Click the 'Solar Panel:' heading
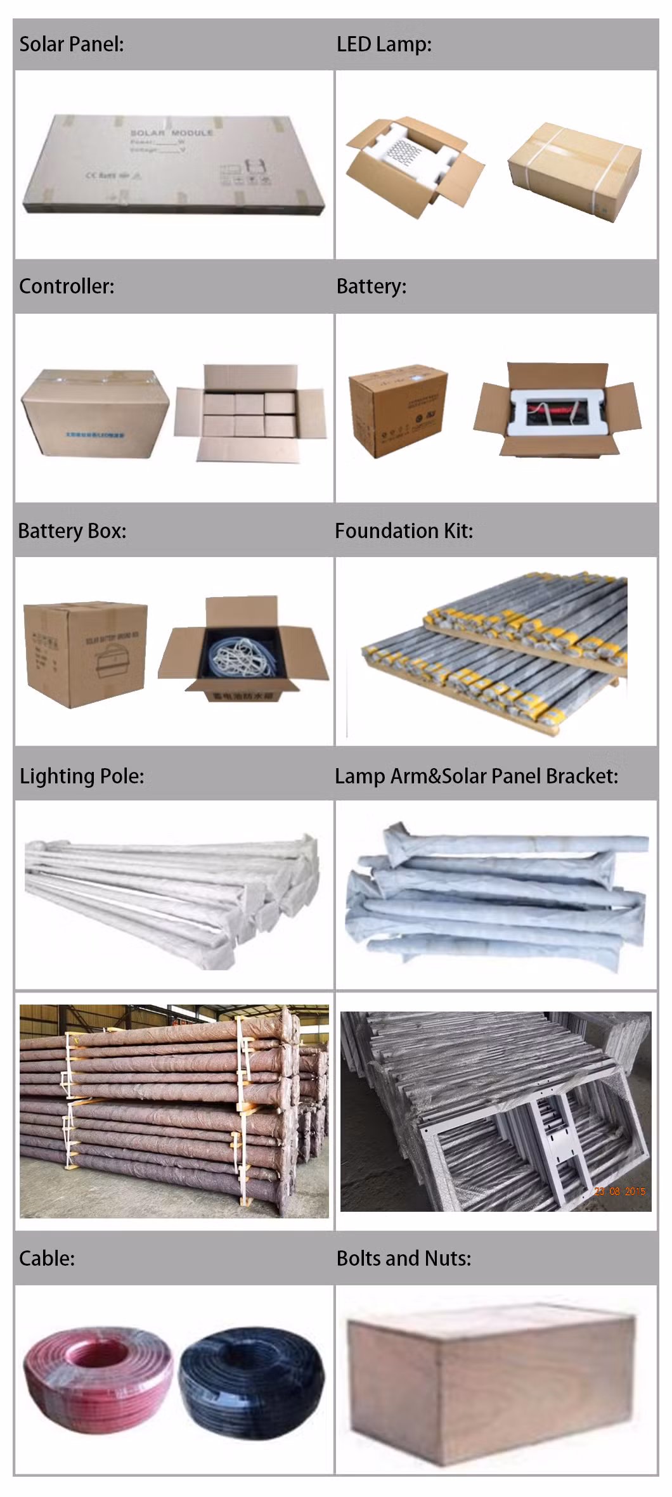(x=72, y=44)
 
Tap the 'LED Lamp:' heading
(x=384, y=44)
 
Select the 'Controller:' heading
(x=67, y=286)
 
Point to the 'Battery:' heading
(x=371, y=286)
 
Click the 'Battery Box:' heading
(x=72, y=531)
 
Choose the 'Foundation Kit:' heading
(x=404, y=531)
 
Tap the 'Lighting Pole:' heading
(x=82, y=776)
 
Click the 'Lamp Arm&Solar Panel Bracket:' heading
(x=476, y=776)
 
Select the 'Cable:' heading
(x=47, y=1258)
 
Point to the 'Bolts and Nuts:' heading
(x=404, y=1258)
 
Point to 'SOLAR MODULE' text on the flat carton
(x=171, y=133)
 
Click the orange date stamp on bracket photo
(x=619, y=1192)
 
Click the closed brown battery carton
(x=397, y=409)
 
